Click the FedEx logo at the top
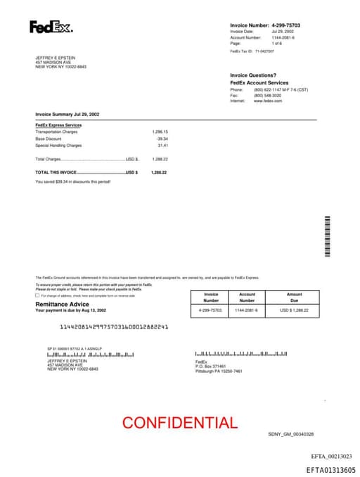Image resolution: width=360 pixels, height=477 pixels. (51, 27)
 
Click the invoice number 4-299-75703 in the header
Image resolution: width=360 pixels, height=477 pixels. (285, 25)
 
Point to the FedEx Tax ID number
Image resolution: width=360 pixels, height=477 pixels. (264, 51)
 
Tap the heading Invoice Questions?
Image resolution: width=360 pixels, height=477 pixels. (253, 75)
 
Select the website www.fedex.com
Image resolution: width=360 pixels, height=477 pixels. (268, 101)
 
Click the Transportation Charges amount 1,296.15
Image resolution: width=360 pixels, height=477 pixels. (160, 132)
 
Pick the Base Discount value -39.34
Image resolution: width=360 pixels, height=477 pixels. (162, 139)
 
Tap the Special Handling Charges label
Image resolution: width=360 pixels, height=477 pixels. (58, 146)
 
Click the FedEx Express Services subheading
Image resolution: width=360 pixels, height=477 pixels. (58, 125)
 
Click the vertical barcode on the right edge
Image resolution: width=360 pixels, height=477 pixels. (327, 236)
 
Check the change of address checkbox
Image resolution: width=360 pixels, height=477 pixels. (38, 295)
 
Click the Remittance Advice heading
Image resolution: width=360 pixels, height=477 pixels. (62, 304)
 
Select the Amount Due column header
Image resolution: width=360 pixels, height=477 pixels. (294, 297)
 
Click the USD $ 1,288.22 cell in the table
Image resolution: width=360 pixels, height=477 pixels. (294, 310)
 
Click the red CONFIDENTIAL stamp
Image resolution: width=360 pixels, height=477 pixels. (179, 423)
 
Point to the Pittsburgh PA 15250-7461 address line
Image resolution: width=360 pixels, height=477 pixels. (219, 371)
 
